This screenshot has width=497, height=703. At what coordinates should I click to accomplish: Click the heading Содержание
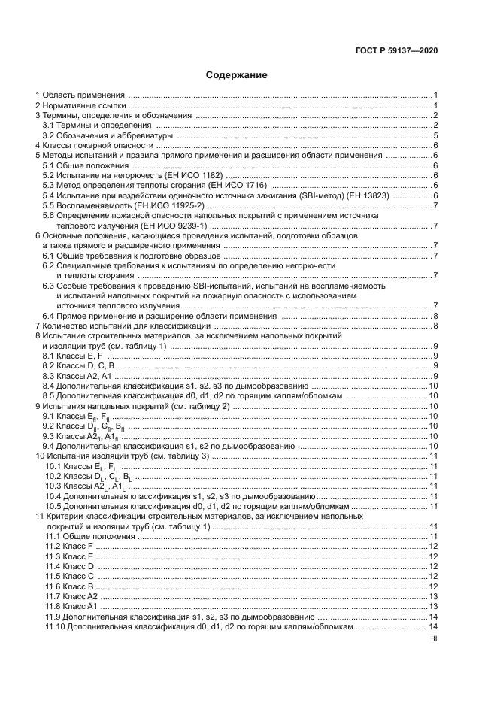click(x=237, y=75)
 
